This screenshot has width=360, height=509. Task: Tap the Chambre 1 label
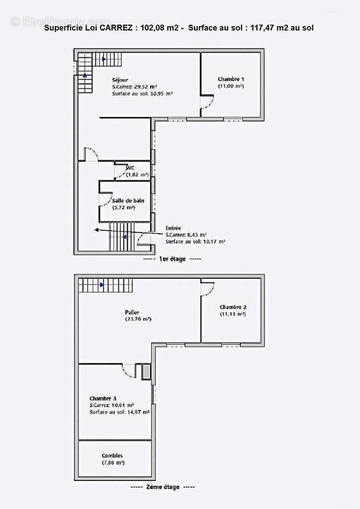coord(230,78)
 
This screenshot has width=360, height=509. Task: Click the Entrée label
coord(174,228)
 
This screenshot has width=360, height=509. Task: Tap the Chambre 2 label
coord(233,307)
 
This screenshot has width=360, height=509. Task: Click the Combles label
coord(112,456)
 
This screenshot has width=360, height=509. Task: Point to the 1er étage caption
coord(172,260)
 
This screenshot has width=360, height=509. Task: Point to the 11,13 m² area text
coord(233,314)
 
